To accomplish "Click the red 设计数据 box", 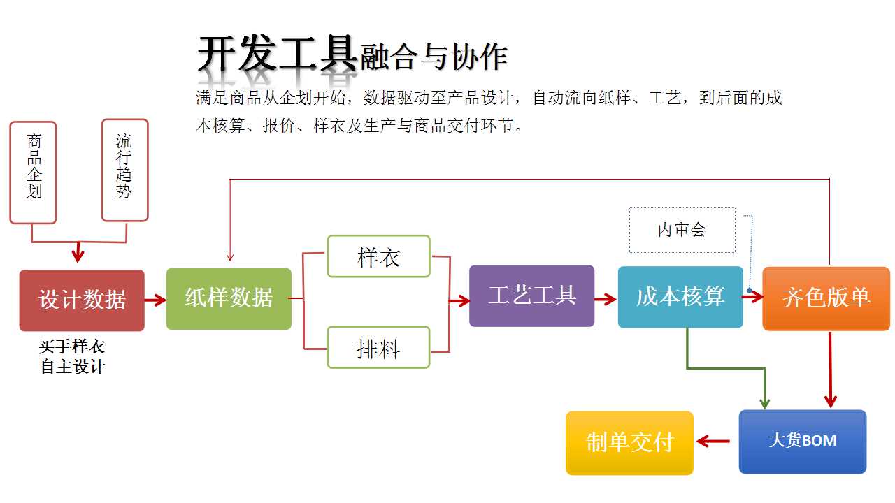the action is click(x=82, y=300).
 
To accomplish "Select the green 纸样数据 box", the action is click(x=229, y=298).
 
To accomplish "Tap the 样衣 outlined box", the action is click(x=378, y=256).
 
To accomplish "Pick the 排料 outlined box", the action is click(x=378, y=347).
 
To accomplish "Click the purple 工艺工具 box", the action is click(x=532, y=296).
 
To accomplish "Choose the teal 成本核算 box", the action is click(x=680, y=297).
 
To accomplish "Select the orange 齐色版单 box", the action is click(x=826, y=298).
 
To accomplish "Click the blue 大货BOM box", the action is click(x=803, y=442).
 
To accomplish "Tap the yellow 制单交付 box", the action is click(x=630, y=443).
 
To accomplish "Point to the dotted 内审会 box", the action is click(x=682, y=231).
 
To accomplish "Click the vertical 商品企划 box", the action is click(x=33, y=173).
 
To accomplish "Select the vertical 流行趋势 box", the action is click(x=124, y=170).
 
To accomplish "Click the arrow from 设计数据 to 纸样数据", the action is click(x=155, y=300).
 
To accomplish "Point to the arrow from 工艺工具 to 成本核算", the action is click(x=606, y=299).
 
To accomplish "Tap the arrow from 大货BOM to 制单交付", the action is click(x=713, y=441).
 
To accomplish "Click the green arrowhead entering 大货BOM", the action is click(x=765, y=403).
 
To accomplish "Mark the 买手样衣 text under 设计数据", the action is click(x=72, y=346).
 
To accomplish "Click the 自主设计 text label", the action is click(x=73, y=367).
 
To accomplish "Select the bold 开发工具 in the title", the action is click(x=278, y=53).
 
